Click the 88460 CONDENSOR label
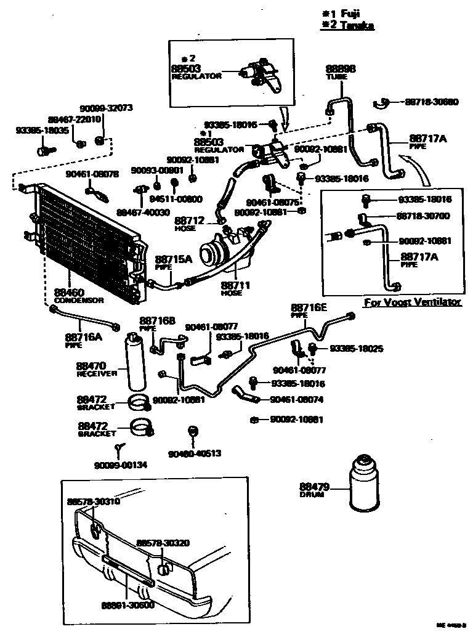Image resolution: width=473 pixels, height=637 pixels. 79,296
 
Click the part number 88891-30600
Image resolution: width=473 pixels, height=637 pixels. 128,605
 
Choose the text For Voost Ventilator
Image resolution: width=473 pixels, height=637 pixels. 412,302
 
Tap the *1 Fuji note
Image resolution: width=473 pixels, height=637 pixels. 342,14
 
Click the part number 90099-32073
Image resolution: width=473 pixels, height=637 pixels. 105,108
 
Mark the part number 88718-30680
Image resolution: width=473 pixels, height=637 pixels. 431,102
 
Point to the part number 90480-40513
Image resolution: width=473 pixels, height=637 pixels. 195,454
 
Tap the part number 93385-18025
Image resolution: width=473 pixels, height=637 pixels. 357,349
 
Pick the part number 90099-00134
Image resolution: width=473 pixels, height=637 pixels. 121,465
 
